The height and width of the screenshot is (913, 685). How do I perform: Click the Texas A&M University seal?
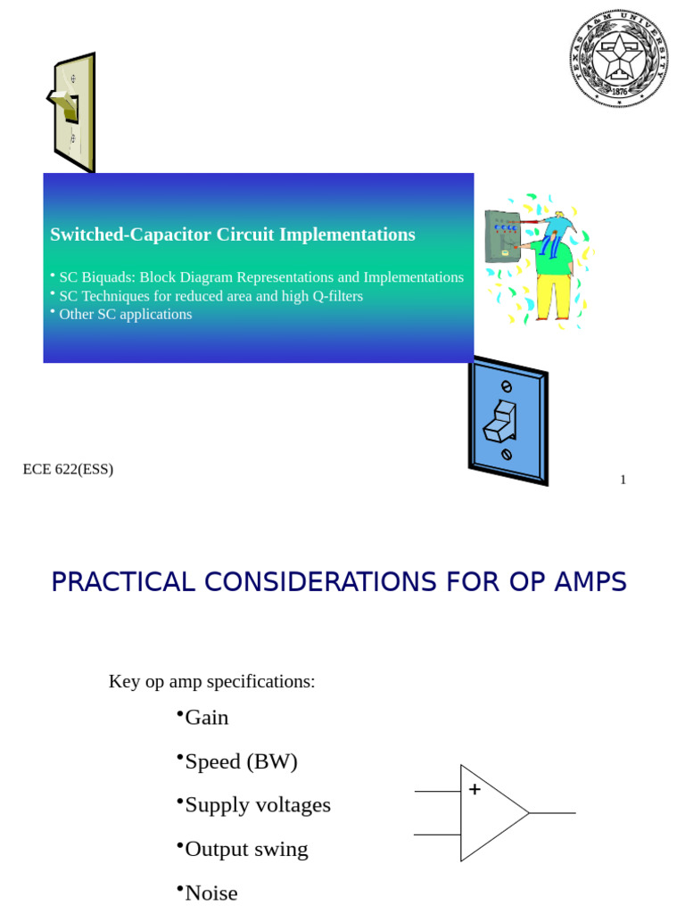tap(617, 59)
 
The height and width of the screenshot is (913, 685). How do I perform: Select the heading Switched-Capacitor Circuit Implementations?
tap(232, 234)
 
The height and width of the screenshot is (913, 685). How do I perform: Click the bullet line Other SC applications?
tap(125, 314)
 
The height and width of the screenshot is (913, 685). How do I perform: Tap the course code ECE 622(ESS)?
tap(68, 469)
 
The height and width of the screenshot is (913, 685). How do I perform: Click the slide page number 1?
tap(623, 480)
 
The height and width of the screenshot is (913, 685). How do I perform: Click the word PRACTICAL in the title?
tap(123, 582)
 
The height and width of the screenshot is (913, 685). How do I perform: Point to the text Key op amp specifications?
tap(212, 681)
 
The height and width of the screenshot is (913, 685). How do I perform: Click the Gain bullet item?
tap(206, 718)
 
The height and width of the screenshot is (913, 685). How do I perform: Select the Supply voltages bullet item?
tap(257, 805)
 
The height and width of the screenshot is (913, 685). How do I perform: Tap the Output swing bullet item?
tap(246, 849)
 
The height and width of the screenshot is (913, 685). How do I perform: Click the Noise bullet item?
tap(211, 892)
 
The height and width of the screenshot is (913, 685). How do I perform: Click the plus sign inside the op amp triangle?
tap(475, 789)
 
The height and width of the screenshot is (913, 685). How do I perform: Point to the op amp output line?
tap(553, 813)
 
